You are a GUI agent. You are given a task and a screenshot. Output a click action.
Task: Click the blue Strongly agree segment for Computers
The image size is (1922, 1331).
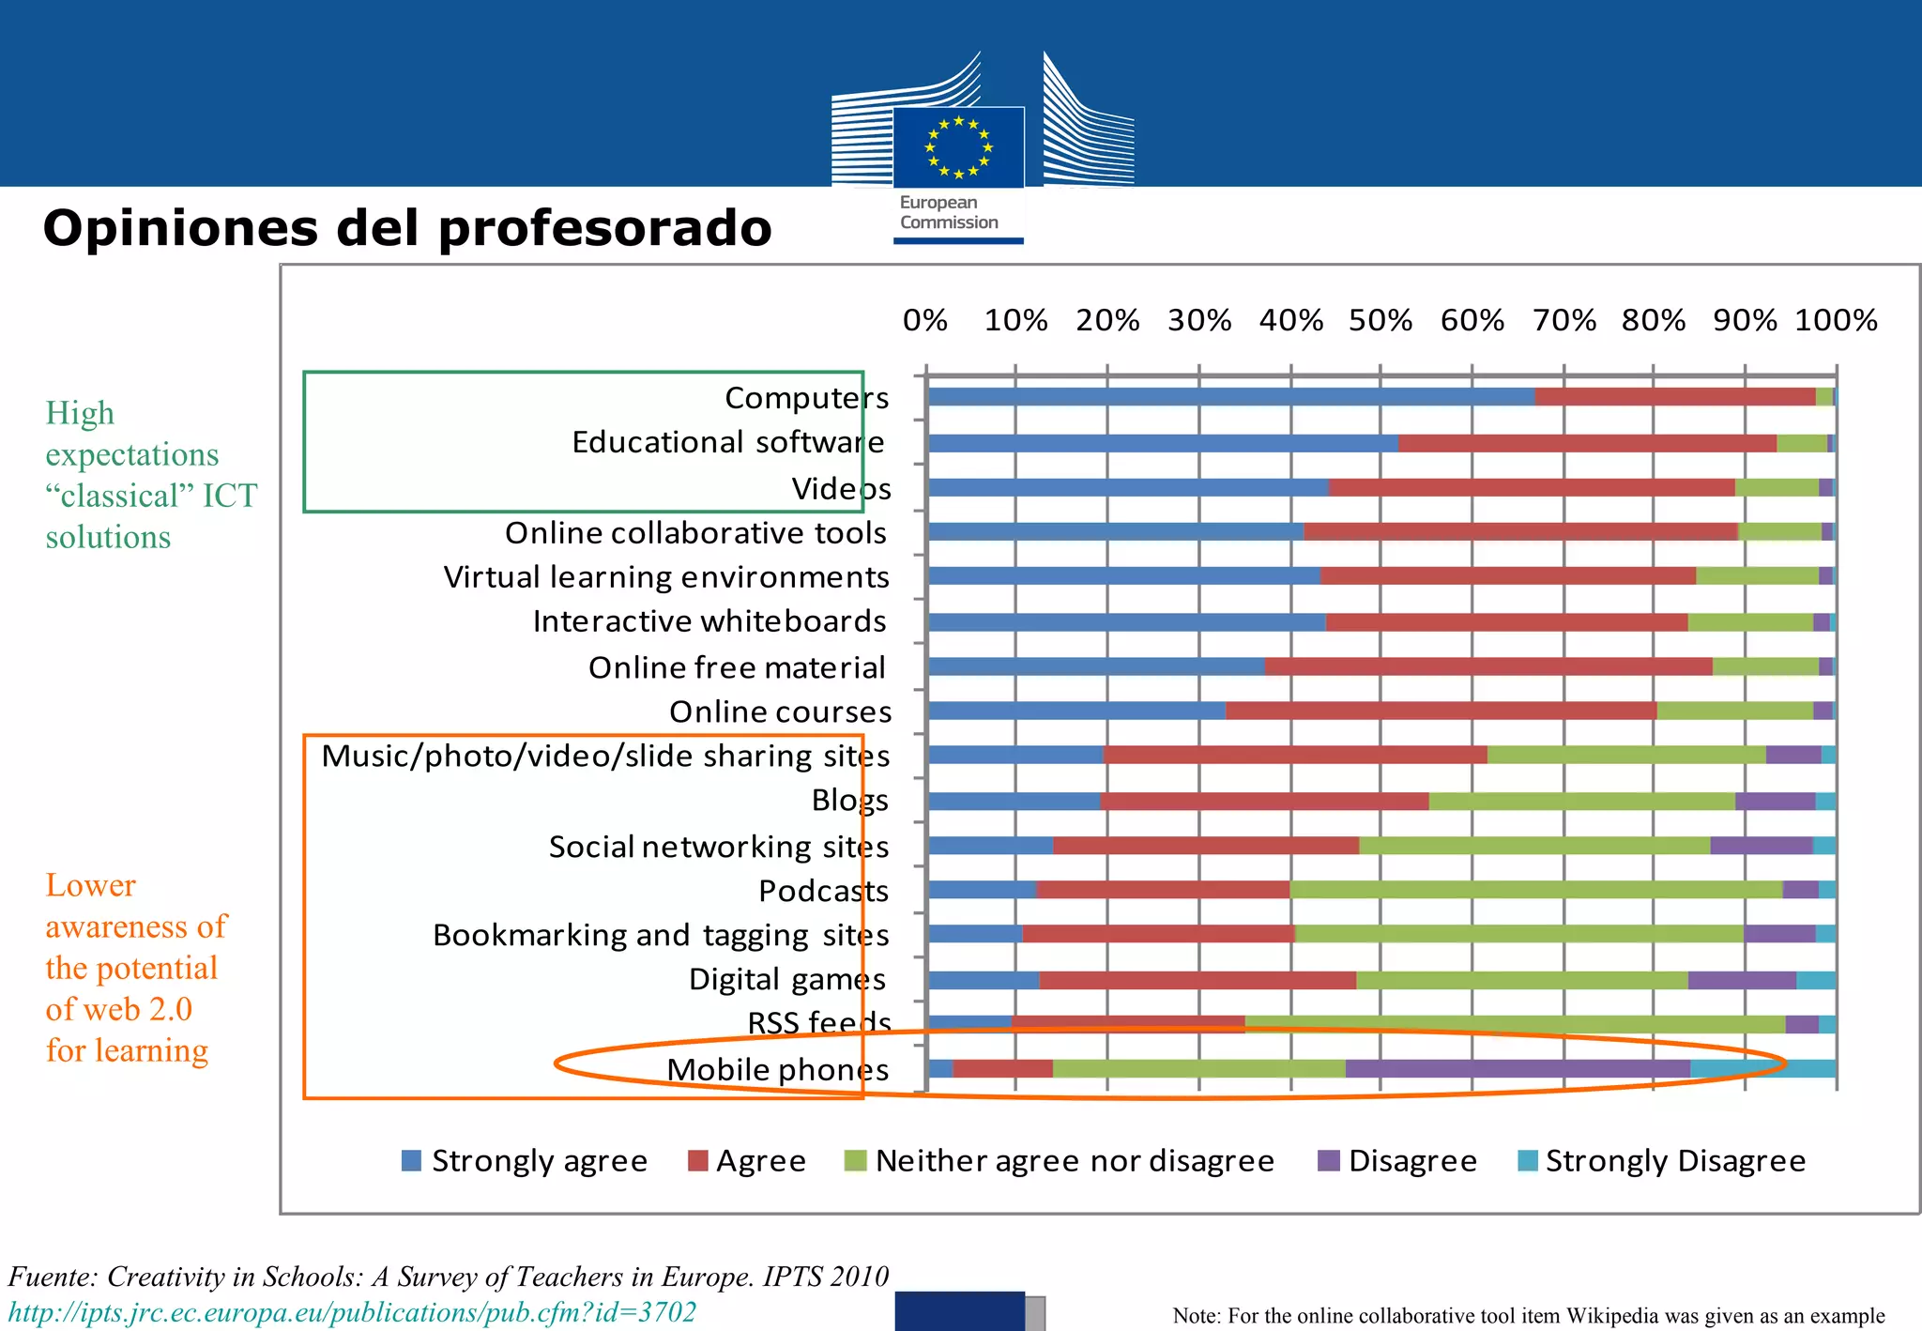point(1229,397)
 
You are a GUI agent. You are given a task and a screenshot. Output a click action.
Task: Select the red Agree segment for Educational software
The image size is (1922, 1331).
point(1586,443)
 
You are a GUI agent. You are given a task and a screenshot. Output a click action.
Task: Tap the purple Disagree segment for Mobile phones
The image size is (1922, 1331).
point(1517,1068)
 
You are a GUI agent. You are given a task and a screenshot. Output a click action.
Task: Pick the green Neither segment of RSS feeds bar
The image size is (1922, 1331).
point(1515,1024)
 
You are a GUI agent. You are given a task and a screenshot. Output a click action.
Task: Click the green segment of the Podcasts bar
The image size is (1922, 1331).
point(1535,890)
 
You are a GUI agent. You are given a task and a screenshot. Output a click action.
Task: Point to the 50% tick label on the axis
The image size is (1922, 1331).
point(1380,321)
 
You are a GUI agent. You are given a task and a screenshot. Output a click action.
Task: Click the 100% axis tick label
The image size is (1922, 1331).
point(1836,321)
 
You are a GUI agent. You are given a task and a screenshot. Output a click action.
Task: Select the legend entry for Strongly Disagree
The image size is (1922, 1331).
point(1661,1161)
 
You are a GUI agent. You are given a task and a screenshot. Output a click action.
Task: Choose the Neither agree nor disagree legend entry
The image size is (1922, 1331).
point(1060,1161)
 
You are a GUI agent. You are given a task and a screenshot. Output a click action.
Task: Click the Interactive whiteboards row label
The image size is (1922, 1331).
point(709,621)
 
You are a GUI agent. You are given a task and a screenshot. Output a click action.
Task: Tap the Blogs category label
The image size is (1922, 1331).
point(849,801)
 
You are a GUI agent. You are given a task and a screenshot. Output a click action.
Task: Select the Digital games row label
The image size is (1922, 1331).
point(786,980)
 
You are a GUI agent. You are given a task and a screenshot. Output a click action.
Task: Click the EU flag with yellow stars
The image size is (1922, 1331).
point(958,147)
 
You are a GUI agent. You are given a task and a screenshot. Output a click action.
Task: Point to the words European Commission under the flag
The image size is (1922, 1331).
point(948,213)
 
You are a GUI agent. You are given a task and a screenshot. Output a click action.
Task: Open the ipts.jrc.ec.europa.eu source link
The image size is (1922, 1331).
point(352,1312)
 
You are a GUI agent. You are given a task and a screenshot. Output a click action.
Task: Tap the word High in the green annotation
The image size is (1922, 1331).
point(80,413)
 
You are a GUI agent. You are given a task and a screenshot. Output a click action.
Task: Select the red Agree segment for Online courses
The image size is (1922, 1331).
point(1441,711)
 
